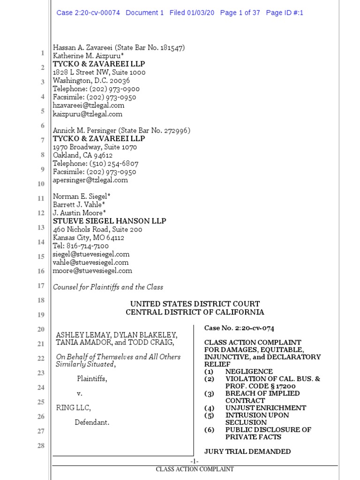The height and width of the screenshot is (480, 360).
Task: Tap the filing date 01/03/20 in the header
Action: pos(199,13)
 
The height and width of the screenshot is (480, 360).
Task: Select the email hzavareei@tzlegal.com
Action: pos(89,105)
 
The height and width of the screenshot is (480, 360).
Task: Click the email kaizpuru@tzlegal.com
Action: pos(88,114)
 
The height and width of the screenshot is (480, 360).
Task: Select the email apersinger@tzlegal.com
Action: pos(90,180)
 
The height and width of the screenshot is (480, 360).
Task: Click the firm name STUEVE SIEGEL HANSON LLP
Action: pos(109,221)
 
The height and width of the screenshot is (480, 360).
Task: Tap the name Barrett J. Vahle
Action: pos(79,204)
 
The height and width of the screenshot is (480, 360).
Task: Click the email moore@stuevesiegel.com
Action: pos(92,270)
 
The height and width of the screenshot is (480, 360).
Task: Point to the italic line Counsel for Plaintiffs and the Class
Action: pos(108,287)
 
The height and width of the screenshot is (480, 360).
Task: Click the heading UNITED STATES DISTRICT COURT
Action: pos(195,304)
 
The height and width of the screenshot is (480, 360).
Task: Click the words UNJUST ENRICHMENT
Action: pos(265,408)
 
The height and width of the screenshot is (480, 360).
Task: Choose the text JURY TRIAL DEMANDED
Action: pos(247,451)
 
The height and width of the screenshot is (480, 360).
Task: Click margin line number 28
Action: pos(40,445)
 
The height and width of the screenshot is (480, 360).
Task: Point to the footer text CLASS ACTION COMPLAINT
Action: pos(195,469)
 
